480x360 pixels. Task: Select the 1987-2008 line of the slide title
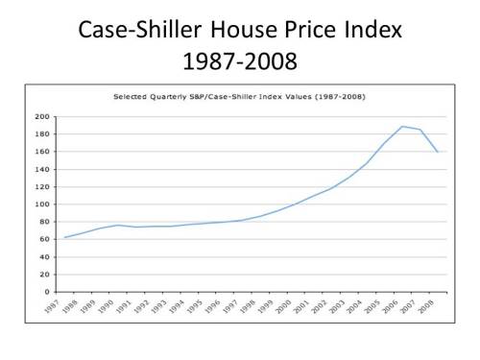coord(240,61)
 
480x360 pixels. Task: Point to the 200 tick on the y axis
coord(43,116)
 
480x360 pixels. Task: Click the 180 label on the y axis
coord(43,133)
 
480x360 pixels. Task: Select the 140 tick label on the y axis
coord(43,169)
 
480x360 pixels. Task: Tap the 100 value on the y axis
coord(43,204)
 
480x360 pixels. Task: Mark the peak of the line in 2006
coord(402,126)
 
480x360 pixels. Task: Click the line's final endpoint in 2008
coord(439,152)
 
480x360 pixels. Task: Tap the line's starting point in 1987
coord(64,237)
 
